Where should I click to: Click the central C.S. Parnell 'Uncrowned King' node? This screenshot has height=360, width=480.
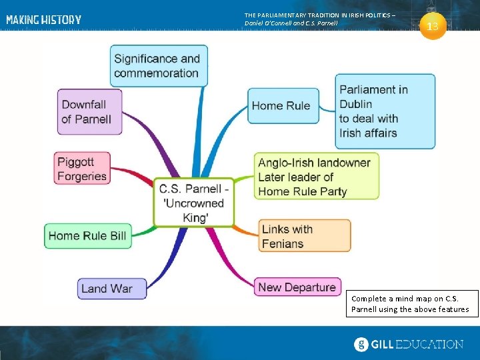(194, 203)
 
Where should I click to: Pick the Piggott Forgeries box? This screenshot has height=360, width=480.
(82, 169)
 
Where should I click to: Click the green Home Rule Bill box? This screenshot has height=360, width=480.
(87, 235)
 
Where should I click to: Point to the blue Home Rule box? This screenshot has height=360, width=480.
(281, 105)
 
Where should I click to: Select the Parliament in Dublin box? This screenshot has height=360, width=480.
(385, 111)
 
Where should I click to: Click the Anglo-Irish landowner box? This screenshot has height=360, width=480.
(316, 177)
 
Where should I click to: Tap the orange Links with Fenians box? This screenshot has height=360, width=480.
(304, 236)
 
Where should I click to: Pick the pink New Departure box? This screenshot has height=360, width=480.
(297, 287)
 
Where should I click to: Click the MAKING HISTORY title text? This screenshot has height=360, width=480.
(44, 20)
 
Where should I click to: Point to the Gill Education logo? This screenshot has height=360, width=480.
(408, 344)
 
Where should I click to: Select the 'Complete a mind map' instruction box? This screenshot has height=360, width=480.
(411, 303)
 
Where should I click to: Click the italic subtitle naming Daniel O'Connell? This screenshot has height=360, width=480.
(291, 23)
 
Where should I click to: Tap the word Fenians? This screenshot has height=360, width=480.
(283, 243)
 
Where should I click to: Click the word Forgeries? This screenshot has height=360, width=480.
(82, 176)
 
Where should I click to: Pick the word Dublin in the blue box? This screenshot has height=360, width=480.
(355, 104)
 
